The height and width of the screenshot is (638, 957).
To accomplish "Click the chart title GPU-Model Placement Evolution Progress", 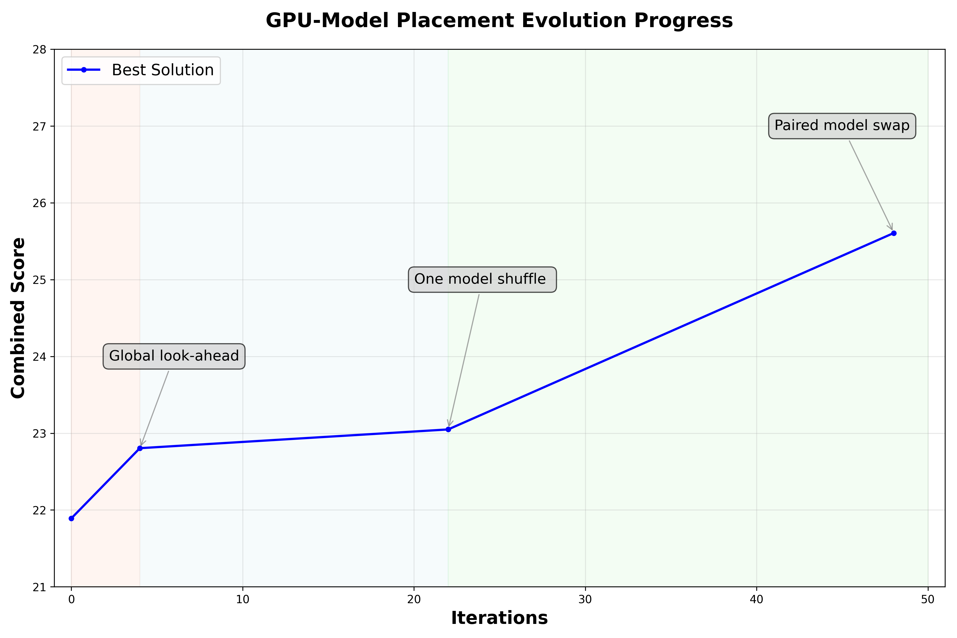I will (499, 20).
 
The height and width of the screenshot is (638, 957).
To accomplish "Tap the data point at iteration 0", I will (72, 518).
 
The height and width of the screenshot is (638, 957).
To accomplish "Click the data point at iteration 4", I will (140, 448).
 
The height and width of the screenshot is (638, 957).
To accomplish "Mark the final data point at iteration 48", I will (893, 233).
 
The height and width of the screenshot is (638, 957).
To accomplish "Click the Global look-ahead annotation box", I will (174, 356).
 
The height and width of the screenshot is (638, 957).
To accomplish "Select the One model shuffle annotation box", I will (482, 279).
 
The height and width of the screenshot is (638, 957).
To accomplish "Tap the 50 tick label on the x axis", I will (928, 600).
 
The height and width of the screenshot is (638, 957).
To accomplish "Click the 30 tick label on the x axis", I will (585, 600).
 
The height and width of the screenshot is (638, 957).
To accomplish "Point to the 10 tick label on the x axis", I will (242, 600).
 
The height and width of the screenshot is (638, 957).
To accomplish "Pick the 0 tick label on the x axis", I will (72, 600).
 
